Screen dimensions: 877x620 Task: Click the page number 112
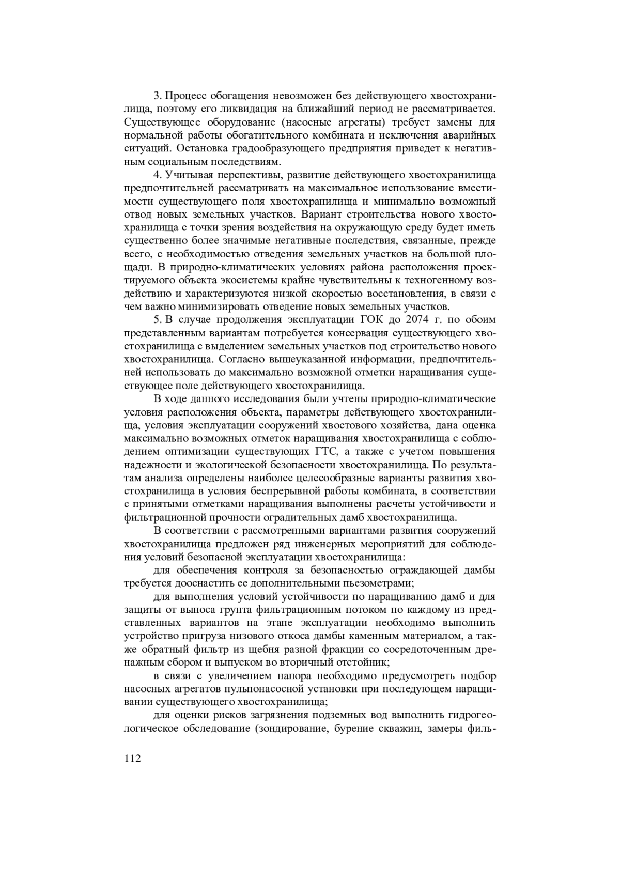coord(133,758)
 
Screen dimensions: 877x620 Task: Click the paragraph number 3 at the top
coord(157,96)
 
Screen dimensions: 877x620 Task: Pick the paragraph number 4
coord(157,175)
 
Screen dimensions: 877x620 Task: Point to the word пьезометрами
coord(376,583)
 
